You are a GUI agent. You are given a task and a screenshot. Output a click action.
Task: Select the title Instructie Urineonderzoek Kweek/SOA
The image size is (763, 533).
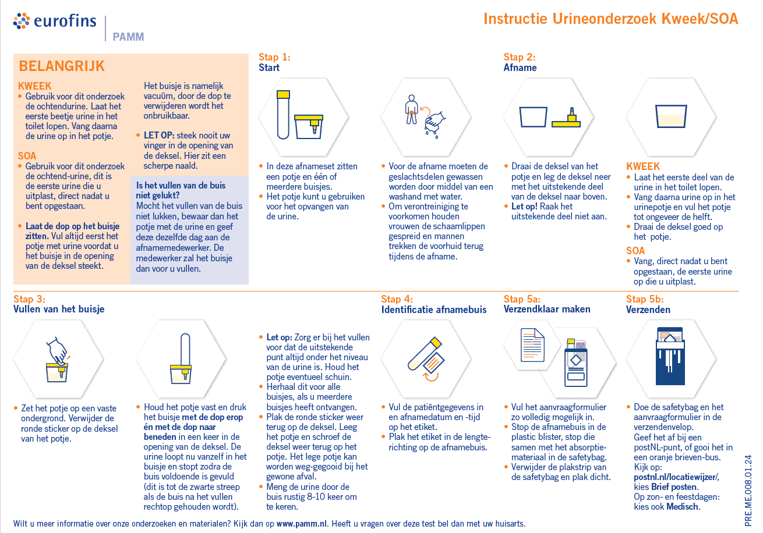[610, 19]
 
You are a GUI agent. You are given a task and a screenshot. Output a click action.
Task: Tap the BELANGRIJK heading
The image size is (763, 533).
[62, 66]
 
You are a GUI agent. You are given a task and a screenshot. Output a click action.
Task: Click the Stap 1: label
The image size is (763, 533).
[274, 57]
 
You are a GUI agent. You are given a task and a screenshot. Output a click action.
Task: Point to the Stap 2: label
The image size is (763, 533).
[520, 57]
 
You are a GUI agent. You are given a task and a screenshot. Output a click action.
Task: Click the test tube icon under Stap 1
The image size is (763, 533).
[283, 115]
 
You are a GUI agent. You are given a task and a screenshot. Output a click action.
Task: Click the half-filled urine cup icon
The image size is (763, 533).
[669, 116]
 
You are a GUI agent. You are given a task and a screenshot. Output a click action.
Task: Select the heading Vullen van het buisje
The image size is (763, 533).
[59, 310]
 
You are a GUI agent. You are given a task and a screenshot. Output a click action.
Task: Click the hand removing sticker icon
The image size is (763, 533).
[57, 360]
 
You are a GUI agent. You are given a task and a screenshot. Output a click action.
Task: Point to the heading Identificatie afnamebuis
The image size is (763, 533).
[433, 310]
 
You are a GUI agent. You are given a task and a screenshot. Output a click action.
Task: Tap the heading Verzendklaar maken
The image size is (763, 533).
[547, 310]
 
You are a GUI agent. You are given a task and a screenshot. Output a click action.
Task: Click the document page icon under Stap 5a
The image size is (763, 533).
[532, 344]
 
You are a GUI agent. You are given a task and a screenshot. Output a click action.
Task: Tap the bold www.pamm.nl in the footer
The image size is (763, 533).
[301, 524]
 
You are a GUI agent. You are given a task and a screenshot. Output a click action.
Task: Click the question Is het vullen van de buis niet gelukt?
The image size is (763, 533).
[181, 190]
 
